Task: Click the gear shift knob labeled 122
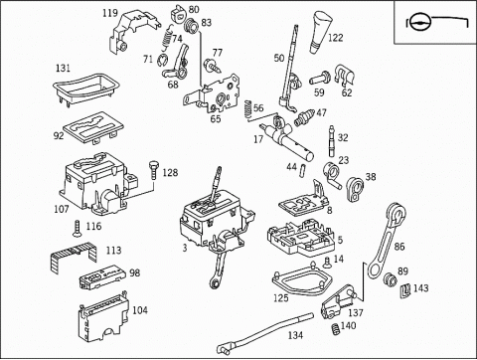pos(322,33)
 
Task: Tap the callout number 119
pos(110,13)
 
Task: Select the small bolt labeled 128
pos(153,170)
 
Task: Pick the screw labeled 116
pos(78,229)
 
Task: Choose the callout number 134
pos(295,335)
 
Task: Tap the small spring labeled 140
pos(336,329)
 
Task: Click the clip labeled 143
pos(405,290)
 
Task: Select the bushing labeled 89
pos(391,279)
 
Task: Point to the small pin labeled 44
pos(302,170)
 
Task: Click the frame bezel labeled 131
pos(85,89)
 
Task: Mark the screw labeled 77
pos(212,65)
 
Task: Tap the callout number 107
pos(62,209)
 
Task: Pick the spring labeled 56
pos(247,109)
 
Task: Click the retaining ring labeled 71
pos(162,60)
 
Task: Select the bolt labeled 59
pos(320,79)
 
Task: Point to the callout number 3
pos(185,248)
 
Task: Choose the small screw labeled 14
pos(327,263)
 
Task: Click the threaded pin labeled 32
pos(332,141)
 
